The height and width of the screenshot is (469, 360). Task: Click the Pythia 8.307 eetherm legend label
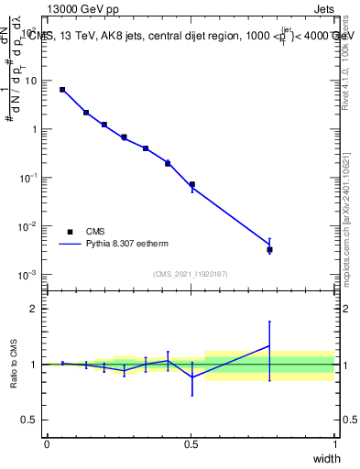click(x=127, y=245)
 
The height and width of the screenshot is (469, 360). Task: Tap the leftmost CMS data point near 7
click(x=62, y=90)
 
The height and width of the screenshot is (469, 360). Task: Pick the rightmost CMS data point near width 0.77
click(x=269, y=249)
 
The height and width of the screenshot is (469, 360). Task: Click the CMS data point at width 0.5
click(x=191, y=184)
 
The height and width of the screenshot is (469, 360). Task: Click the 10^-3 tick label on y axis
click(x=27, y=275)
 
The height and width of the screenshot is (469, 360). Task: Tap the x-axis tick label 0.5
click(x=191, y=444)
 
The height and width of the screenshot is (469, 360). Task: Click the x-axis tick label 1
click(x=334, y=444)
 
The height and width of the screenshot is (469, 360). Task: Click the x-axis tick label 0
click(x=47, y=444)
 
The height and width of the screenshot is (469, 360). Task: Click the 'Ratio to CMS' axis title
click(x=13, y=365)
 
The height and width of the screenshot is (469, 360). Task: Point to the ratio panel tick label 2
click(x=34, y=309)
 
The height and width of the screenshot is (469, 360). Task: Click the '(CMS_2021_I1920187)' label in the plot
click(x=191, y=274)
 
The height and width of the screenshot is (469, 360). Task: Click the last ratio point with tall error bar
click(x=269, y=346)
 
